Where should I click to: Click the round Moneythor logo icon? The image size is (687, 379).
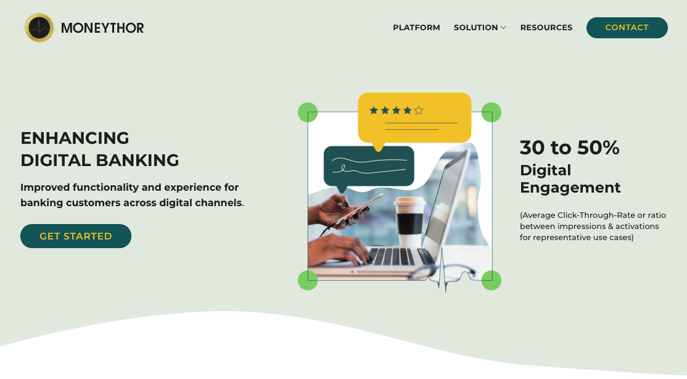click(39, 28)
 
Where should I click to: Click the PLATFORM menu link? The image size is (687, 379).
click(416, 28)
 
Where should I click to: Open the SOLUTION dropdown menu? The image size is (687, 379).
click(480, 28)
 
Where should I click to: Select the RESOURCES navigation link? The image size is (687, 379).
click(546, 28)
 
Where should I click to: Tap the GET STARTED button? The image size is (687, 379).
click(76, 236)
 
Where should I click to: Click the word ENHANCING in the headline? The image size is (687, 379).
click(75, 138)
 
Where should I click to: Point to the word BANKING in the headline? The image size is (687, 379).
click(138, 160)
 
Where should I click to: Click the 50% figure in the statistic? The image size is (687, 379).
click(598, 148)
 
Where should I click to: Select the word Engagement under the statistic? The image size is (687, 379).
click(570, 188)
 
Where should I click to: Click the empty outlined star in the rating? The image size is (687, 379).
click(419, 110)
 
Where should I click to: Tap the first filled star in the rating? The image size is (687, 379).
click(374, 110)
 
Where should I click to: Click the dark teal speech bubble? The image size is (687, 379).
click(368, 166)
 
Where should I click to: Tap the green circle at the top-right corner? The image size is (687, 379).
click(491, 112)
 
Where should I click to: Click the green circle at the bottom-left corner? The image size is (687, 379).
click(308, 280)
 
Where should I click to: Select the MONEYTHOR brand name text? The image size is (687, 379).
click(102, 28)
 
